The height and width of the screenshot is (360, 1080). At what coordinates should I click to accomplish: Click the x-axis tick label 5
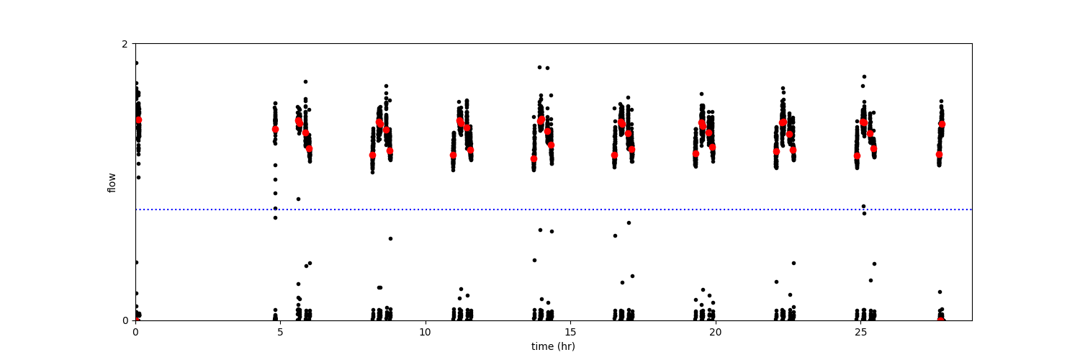click(280, 332)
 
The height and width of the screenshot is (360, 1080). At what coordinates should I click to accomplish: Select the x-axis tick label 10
click(425, 332)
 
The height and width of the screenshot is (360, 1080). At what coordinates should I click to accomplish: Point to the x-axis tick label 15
click(570, 332)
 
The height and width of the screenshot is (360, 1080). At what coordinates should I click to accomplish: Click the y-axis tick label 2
click(125, 44)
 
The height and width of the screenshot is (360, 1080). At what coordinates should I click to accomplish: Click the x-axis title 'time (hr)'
click(553, 346)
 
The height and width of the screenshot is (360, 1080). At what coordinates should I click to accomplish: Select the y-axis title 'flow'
click(112, 182)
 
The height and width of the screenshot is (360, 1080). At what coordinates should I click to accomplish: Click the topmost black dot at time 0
click(136, 63)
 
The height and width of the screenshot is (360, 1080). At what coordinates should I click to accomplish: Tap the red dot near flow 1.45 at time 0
click(138, 120)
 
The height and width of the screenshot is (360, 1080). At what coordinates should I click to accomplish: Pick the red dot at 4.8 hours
click(275, 130)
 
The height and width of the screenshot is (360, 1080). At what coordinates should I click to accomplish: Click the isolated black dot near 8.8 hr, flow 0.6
click(390, 238)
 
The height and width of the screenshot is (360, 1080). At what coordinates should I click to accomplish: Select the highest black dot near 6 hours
click(305, 81)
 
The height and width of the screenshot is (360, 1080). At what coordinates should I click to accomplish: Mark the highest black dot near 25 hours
click(864, 76)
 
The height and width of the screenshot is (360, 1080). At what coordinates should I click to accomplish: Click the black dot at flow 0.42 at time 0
click(136, 262)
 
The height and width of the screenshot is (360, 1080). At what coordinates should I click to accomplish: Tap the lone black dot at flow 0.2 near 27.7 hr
click(940, 292)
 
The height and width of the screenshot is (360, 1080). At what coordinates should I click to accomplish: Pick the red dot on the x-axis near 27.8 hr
click(941, 320)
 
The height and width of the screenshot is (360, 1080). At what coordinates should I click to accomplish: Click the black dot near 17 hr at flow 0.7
click(629, 222)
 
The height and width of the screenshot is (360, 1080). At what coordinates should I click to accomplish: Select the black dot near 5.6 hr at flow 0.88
click(298, 199)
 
